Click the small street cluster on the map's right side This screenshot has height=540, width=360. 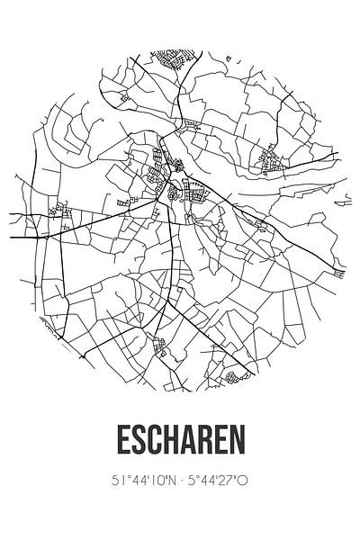[270, 160]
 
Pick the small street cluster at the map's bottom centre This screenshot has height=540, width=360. [161, 345]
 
